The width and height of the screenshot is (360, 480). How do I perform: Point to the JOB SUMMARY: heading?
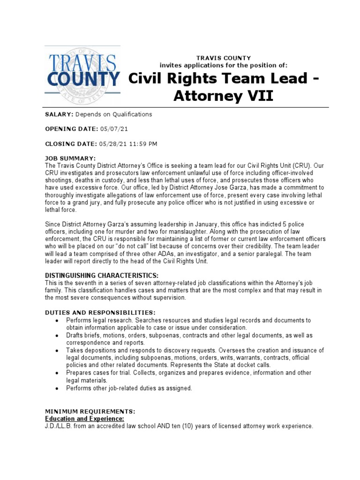70,158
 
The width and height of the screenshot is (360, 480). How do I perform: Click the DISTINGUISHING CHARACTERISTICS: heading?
102,275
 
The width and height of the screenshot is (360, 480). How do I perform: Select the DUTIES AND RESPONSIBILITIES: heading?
100,312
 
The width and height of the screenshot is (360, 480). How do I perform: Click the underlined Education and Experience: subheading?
84,418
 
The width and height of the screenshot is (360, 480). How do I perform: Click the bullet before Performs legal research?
56,321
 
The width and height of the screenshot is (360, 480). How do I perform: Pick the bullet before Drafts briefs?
56,336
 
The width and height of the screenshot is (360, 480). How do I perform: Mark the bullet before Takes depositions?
56,351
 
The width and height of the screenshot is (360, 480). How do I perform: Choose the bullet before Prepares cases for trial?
56,373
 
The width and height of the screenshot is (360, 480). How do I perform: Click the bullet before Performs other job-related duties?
56,389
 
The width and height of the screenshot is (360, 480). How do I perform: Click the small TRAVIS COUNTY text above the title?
224,58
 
